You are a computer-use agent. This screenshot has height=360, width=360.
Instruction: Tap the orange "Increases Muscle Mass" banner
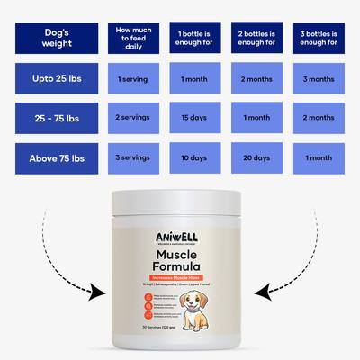(179, 276)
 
